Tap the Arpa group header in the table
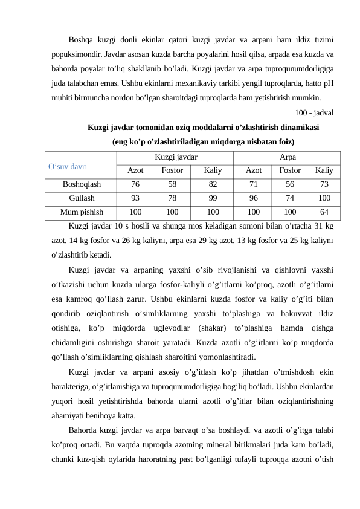pyautogui.click(x=284, y=157)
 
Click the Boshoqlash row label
pyautogui.click(x=81, y=184)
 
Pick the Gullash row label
pyautogui.click(x=81, y=198)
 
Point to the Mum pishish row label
pyautogui.click(x=81, y=212)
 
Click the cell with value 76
pyautogui.click(x=135, y=184)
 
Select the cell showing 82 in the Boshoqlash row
pyautogui.click(x=212, y=184)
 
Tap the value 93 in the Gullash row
pyautogui.click(x=135, y=198)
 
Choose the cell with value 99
pyautogui.click(x=212, y=198)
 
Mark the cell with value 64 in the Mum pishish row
pyautogui.click(x=324, y=212)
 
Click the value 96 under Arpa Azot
pyautogui.click(x=254, y=198)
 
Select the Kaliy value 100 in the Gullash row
pyautogui.click(x=324, y=198)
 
